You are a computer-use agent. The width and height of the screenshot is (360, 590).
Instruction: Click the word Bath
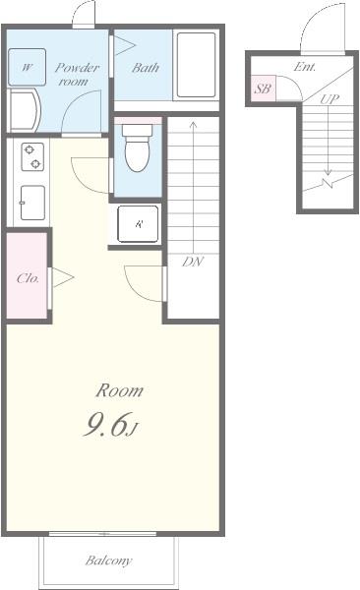[146, 68]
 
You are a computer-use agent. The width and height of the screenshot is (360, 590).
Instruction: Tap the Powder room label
[77, 74]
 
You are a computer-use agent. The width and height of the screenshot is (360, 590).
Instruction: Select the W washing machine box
[28, 67]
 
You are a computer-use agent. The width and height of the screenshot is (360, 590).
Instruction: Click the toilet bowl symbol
[138, 148]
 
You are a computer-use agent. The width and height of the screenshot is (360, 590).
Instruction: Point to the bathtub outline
[196, 65]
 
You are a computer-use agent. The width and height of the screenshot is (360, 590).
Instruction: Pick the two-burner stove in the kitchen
[32, 157]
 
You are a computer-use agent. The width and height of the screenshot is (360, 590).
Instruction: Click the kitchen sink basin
[32, 203]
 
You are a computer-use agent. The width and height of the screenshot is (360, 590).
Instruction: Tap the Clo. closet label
[28, 278]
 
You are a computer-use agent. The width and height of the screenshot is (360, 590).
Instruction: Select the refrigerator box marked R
[138, 224]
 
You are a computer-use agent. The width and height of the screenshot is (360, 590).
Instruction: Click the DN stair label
[193, 262]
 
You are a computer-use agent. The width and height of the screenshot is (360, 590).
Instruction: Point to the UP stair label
[330, 99]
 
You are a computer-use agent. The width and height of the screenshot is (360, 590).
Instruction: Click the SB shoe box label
[263, 88]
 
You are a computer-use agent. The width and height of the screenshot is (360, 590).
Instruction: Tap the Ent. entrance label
[305, 67]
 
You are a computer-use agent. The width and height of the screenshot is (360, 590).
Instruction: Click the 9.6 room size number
[106, 424]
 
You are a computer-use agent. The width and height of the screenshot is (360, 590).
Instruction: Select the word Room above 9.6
[119, 390]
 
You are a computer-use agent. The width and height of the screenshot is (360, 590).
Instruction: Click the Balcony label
[108, 560]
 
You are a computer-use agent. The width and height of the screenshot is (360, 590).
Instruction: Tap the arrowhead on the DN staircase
[193, 124]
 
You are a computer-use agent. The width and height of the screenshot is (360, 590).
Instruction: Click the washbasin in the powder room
[24, 110]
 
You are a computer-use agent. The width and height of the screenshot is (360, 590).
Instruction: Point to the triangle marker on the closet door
[62, 277]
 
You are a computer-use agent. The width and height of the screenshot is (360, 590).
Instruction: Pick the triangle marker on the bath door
[124, 46]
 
